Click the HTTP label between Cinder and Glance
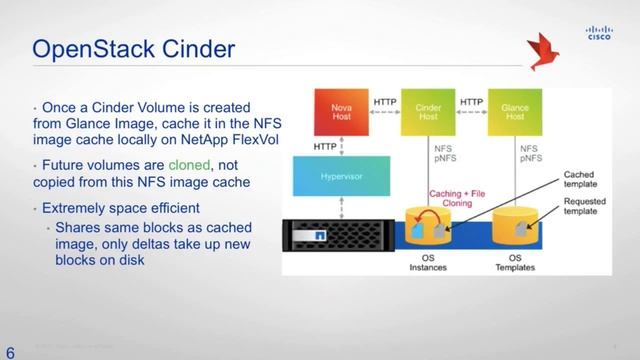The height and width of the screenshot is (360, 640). [471, 102]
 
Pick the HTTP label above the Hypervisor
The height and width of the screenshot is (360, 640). [325, 146]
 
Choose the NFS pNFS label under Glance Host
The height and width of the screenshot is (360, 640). [529, 154]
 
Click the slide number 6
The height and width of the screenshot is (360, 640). [11, 350]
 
